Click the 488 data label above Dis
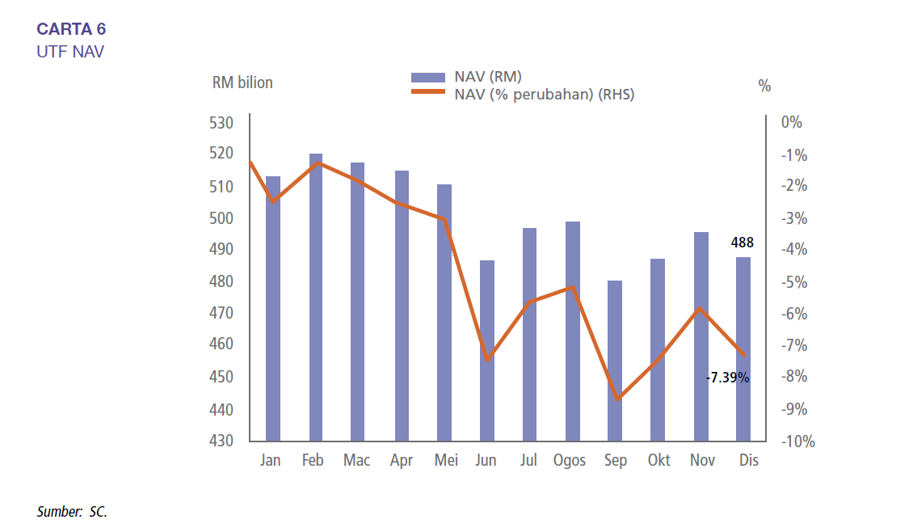click(743, 242)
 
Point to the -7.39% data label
click(727, 377)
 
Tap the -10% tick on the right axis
click(797, 441)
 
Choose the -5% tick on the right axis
click(794, 282)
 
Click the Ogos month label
click(570, 461)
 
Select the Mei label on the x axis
click(446, 461)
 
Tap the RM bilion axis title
click(242, 82)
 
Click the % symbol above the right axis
click(764, 86)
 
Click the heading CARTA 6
click(71, 30)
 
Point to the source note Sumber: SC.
click(72, 512)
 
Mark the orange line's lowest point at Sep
click(617, 399)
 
